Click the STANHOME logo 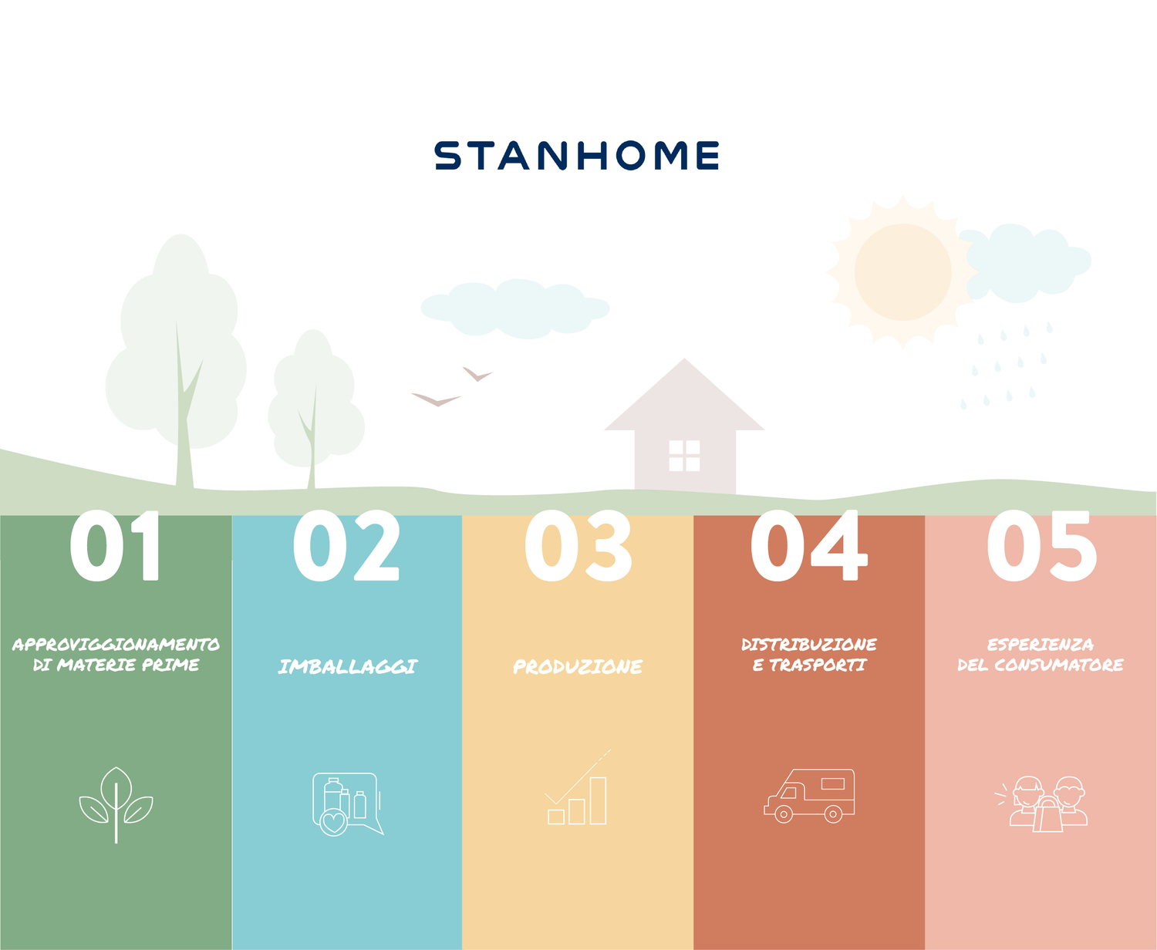[577, 156]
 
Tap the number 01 [115, 545]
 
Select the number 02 [346, 545]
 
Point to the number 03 [578, 545]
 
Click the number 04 [809, 545]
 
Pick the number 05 [1042, 545]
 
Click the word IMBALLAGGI [348, 666]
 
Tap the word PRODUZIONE [578, 666]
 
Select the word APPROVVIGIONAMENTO [116, 644]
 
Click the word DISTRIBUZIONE [809, 644]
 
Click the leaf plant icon [116, 805]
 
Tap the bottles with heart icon [348, 804]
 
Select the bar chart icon [578, 787]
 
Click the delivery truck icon [809, 796]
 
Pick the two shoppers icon [1041, 803]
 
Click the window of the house [684, 456]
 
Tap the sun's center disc [903, 272]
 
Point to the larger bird [437, 399]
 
